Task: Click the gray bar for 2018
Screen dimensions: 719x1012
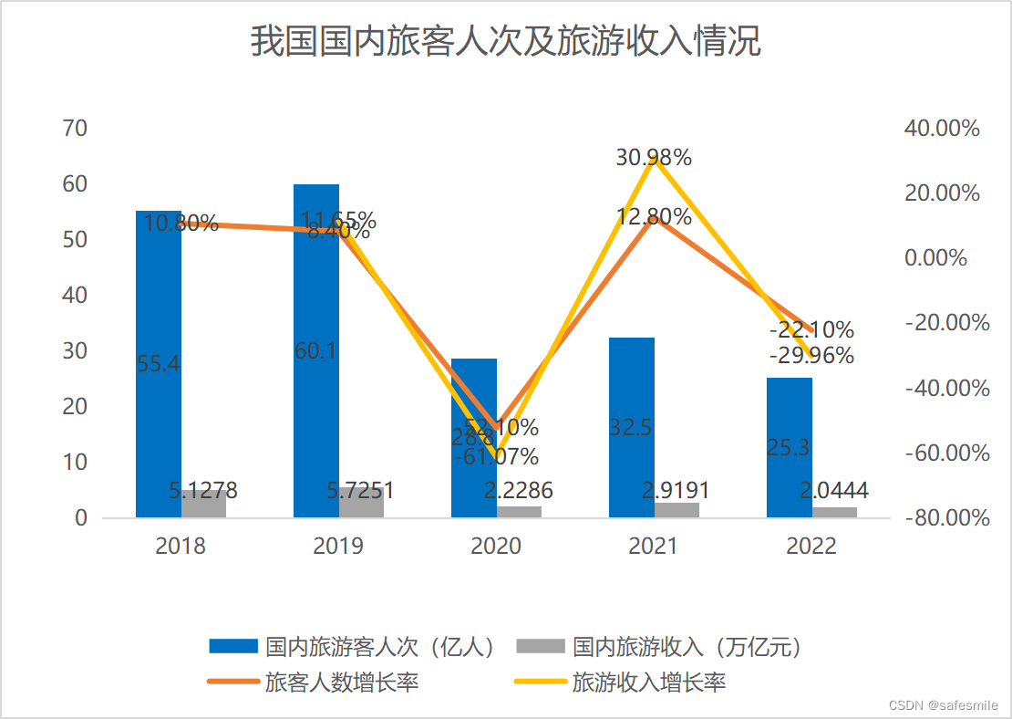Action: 202,504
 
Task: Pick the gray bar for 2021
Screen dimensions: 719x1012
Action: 676,510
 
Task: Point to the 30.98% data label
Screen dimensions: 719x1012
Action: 653,158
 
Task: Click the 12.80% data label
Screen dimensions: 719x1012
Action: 653,217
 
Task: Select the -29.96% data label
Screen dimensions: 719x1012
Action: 811,355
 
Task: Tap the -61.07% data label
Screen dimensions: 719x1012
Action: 501,456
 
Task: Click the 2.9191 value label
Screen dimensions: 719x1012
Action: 676,491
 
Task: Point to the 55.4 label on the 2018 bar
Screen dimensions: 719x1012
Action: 159,364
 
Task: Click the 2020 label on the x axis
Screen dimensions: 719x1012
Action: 495,547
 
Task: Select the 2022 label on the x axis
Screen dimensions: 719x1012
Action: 811,547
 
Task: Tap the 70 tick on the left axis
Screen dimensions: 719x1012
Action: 75,129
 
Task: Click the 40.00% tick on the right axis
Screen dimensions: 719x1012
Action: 942,129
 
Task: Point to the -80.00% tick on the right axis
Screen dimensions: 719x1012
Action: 946,518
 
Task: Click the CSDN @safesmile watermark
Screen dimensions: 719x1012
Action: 943,705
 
